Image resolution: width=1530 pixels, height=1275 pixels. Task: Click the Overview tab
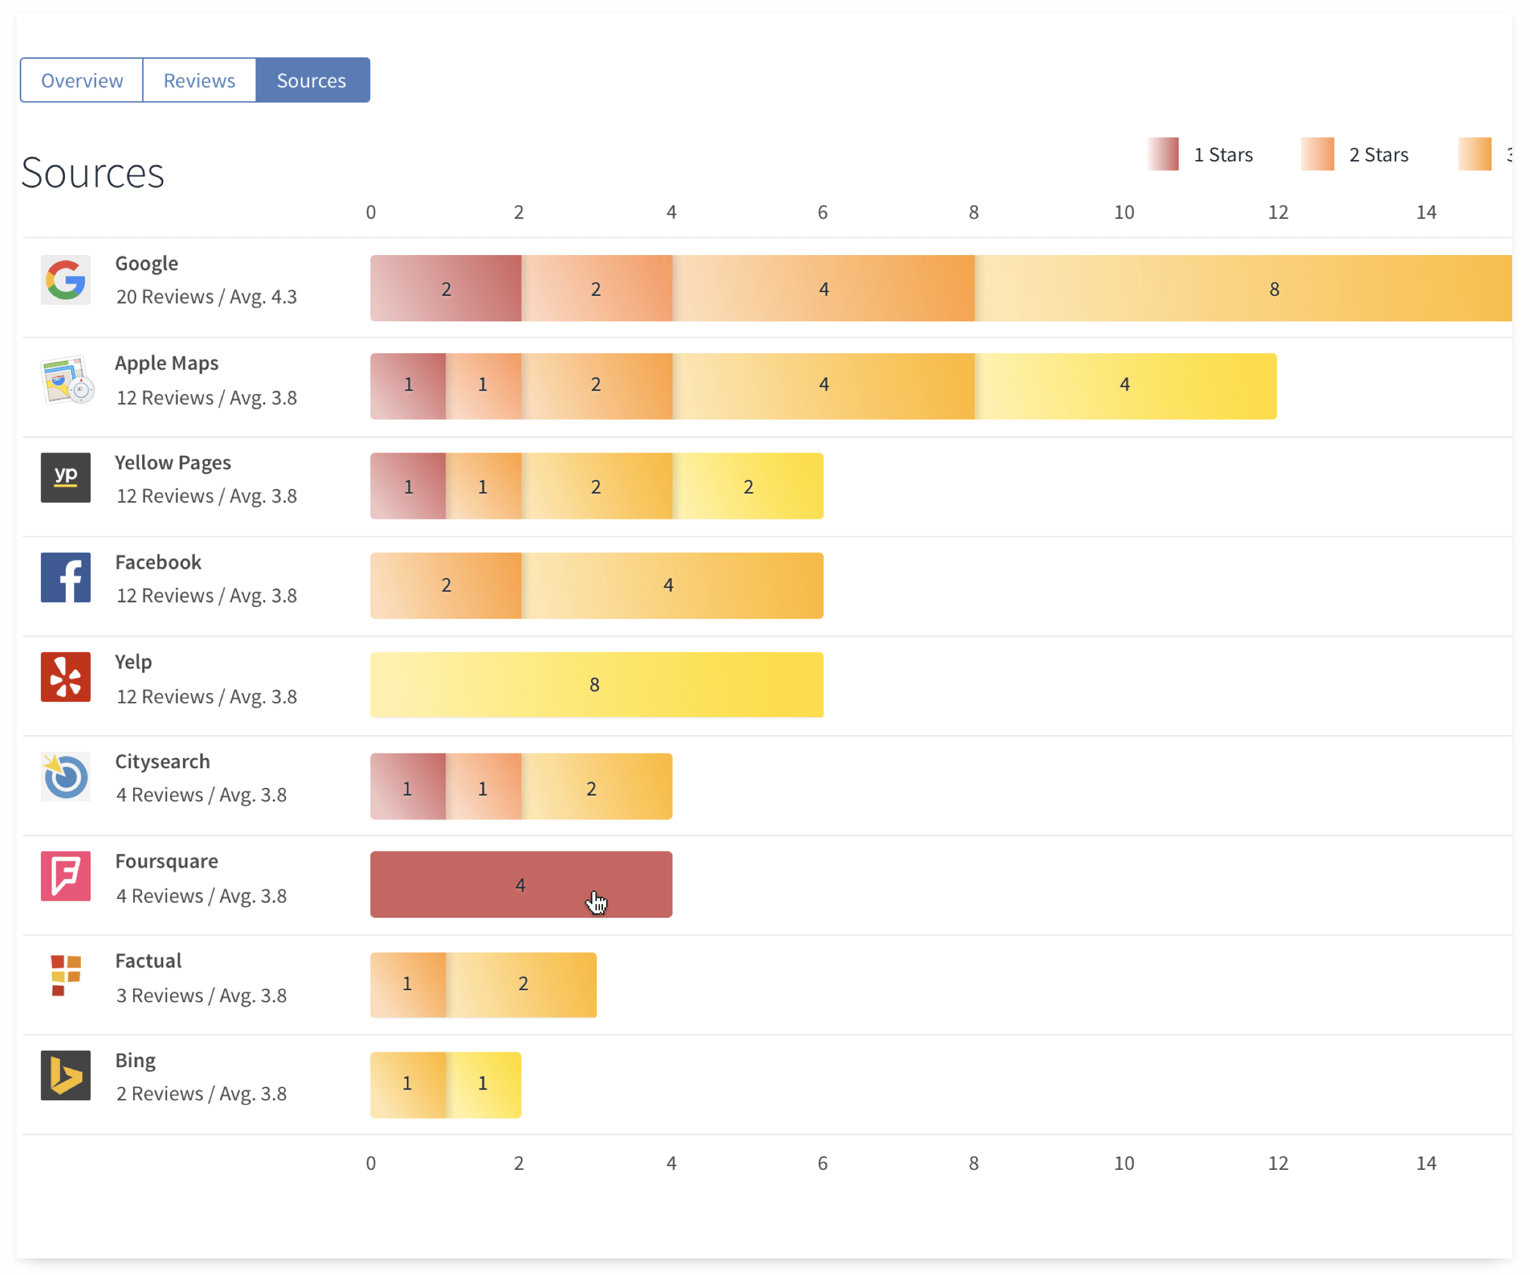82,80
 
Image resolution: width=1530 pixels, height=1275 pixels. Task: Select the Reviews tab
199,80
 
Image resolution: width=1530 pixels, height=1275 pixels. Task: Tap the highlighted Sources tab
312,80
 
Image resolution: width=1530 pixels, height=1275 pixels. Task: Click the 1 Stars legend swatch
1163,154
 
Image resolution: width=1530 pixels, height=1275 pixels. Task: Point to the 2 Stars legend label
1378,154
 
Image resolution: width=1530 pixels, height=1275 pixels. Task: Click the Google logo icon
66,280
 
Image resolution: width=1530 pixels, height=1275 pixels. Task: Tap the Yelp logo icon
66,677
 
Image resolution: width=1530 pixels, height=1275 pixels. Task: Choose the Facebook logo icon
66,578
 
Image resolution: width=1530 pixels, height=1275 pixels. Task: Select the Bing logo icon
66,1075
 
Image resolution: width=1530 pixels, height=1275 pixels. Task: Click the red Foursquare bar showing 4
520,884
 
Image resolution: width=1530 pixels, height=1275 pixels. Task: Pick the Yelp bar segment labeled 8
596,685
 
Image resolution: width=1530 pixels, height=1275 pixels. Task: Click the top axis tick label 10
1123,213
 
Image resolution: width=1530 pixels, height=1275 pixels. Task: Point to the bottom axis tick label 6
822,1163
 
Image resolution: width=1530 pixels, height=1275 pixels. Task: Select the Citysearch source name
163,761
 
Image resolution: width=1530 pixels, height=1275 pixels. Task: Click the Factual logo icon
66,975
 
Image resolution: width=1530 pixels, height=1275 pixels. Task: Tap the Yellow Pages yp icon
66,478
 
